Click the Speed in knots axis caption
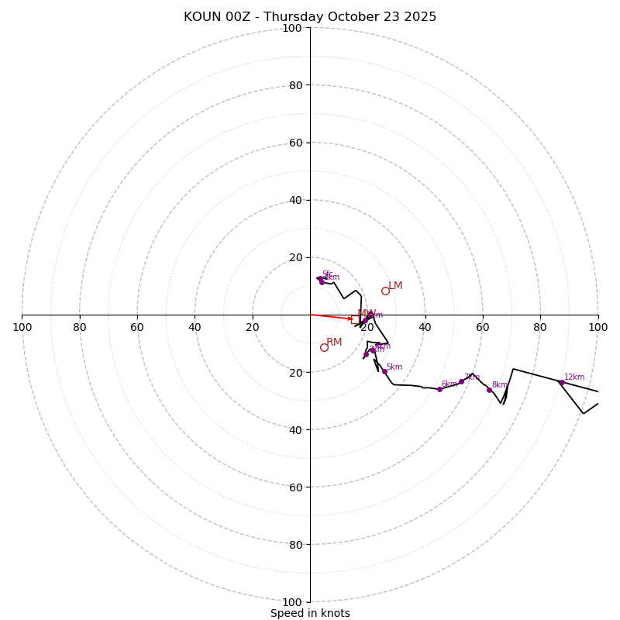pyautogui.click(x=310, y=613)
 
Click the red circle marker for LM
pyautogui.click(x=385, y=291)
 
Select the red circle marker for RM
pyautogui.click(x=324, y=347)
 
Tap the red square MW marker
pyautogui.click(x=356, y=319)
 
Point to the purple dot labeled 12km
pyautogui.click(x=561, y=382)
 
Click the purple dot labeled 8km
pyautogui.click(x=489, y=390)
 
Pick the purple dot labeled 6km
pyautogui.click(x=439, y=389)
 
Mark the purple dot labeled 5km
pyautogui.click(x=384, y=371)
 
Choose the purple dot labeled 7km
pyautogui.click(x=461, y=381)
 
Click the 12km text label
pyautogui.click(x=574, y=377)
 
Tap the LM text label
pyautogui.click(x=395, y=286)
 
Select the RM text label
pyautogui.click(x=334, y=343)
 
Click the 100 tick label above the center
pyautogui.click(x=292, y=28)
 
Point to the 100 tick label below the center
pyautogui.click(x=292, y=602)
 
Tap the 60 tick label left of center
pyautogui.click(x=137, y=327)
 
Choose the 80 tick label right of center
pyautogui.click(x=540, y=327)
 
